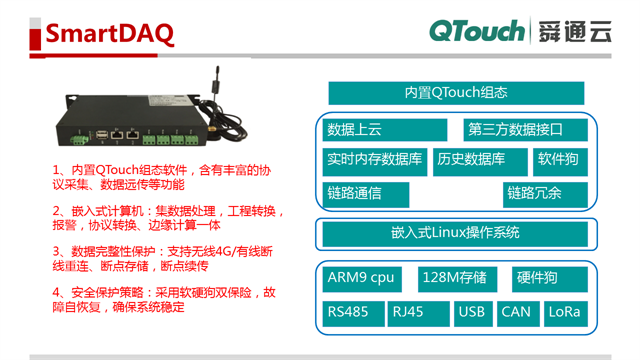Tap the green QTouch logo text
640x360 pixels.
[476, 32]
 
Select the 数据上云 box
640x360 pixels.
[385, 129]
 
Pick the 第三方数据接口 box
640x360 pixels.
[515, 129]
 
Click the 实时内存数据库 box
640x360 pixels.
[374, 160]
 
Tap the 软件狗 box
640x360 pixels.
[558, 160]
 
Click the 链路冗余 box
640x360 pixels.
[534, 192]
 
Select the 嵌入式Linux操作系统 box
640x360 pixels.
[456, 233]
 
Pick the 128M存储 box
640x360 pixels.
[456, 277]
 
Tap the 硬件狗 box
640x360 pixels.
[538, 277]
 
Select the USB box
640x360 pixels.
[471, 312]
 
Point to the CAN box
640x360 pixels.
[516, 312]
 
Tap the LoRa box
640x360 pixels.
[565, 312]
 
